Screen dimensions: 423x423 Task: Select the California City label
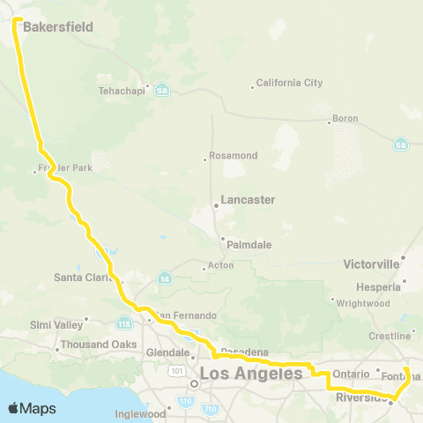(289, 84)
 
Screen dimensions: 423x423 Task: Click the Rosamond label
(233, 155)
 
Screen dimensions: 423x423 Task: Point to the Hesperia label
(382, 286)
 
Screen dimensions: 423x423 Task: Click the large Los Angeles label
(251, 374)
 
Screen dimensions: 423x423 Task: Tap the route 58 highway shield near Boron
(400, 144)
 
